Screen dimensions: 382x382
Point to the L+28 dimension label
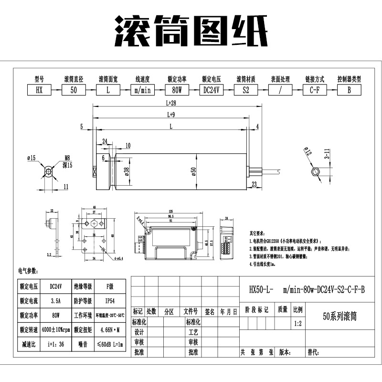pos(171,103)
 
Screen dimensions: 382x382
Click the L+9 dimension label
pos(171,115)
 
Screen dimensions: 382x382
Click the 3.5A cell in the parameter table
pos(55,301)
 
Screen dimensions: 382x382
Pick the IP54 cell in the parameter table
pos(110,301)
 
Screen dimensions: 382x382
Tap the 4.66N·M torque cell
pos(110,329)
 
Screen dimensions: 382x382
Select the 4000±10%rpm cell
pos(55,329)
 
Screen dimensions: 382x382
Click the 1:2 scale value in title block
pos(297,323)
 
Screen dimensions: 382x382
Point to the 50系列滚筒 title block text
pos(340,316)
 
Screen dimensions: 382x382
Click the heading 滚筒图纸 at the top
pos(191,31)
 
